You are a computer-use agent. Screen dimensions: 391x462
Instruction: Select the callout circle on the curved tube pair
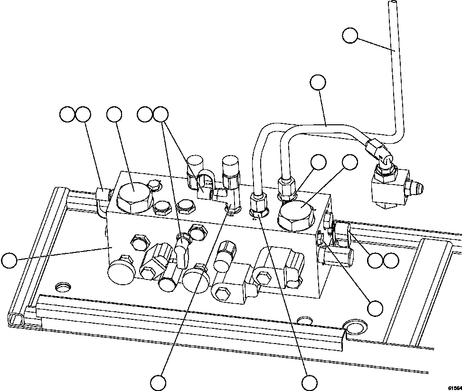318,82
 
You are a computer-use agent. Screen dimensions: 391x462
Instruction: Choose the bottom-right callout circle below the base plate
310,382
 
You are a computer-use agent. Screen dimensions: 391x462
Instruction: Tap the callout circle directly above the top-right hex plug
350,162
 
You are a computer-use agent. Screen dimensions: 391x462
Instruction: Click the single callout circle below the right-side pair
376,308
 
